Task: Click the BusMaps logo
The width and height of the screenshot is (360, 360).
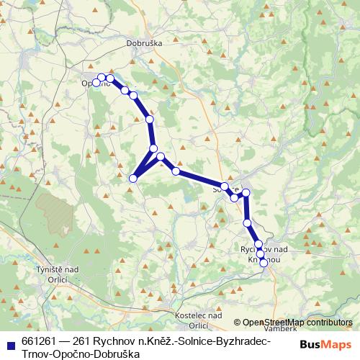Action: pyautogui.click(x=326, y=345)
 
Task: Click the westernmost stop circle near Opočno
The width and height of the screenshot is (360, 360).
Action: pyautogui.click(x=96, y=83)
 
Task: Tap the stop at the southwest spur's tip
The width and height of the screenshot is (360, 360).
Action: pyautogui.click(x=132, y=178)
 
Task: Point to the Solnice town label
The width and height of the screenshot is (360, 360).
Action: pyautogui.click(x=225, y=191)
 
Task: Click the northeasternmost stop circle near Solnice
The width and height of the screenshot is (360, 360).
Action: pyautogui.click(x=246, y=192)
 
